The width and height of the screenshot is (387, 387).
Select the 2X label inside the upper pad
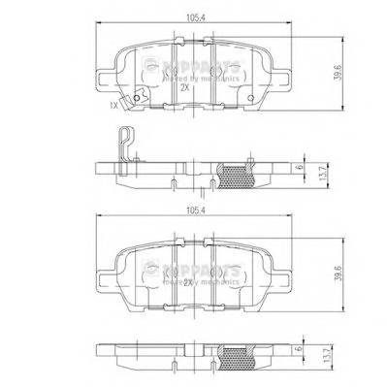(x=185, y=86)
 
